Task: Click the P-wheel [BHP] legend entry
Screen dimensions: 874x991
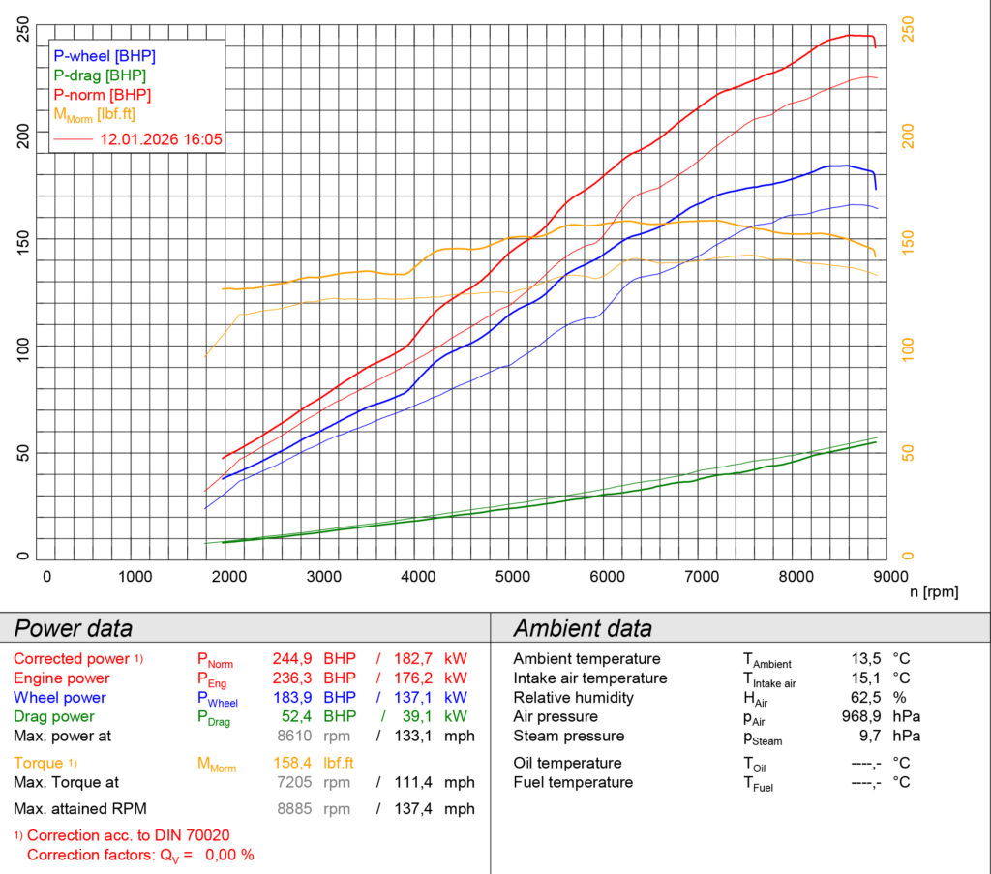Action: point(105,56)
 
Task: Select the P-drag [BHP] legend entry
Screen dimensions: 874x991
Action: point(101,75)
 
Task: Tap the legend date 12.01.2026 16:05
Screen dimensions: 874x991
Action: point(162,139)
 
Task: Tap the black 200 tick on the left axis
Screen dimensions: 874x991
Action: point(23,136)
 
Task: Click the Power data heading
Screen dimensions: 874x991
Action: point(73,628)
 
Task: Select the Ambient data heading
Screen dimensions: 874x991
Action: point(583,628)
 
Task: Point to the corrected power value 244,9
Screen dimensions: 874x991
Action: point(291,659)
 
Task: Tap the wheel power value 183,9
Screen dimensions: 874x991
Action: point(291,698)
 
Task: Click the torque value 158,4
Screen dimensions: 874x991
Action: point(291,762)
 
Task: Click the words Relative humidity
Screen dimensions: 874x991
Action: point(573,698)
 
